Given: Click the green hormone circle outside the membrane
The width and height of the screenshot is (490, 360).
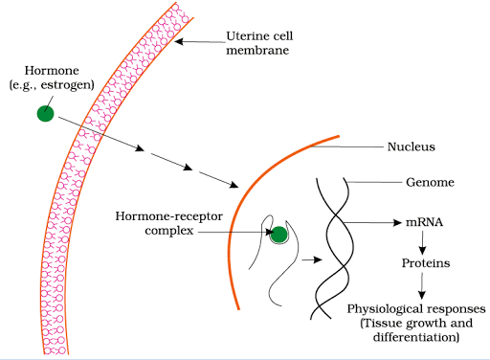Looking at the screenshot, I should pos(45,114).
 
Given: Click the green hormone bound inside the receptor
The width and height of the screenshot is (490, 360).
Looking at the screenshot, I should pos(279,235).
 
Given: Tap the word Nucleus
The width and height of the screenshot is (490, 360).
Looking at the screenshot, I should pos(411,147).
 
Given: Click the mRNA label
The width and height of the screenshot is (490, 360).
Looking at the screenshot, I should pos(421,223).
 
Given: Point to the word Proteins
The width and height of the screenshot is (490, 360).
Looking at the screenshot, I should pos(426,260).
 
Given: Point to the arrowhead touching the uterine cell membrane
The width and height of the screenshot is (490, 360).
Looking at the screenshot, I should pos(179,42).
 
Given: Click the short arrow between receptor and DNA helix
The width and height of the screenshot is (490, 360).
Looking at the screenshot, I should pos(308,259).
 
